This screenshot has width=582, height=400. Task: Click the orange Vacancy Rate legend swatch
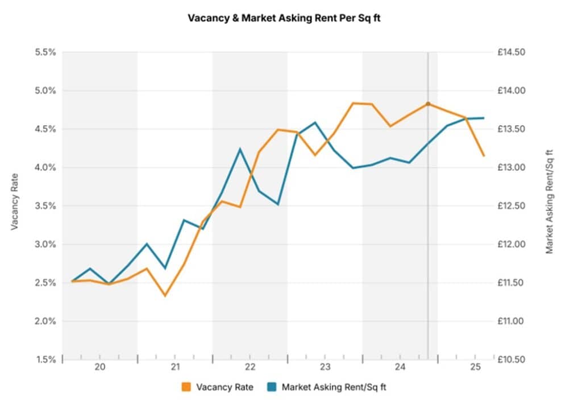(186, 387)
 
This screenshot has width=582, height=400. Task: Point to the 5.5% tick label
(44, 52)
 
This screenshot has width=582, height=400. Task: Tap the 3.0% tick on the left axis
(44, 245)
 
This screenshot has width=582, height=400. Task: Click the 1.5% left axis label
(44, 360)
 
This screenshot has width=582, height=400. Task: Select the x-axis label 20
(99, 367)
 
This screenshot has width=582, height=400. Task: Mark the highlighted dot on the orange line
(428, 104)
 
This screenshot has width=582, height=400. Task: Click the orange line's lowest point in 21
(165, 295)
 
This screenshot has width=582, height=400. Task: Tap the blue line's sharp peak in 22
(240, 149)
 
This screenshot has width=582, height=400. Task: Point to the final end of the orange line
(484, 155)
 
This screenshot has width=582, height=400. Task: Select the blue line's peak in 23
(315, 122)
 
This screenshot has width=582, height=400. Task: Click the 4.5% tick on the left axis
(44, 129)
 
